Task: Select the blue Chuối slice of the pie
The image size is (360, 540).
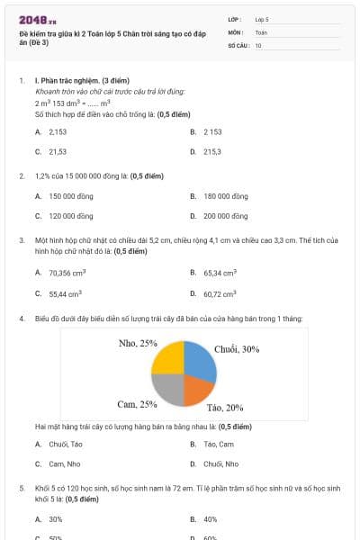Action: point(201,357)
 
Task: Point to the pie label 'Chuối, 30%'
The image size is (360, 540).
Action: point(237,349)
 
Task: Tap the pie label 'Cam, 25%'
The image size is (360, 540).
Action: point(138,404)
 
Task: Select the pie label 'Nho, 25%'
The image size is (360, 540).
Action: point(138,343)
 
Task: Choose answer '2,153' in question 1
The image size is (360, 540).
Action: point(58,131)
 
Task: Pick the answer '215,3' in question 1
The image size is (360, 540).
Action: point(211,152)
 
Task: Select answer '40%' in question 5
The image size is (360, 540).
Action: point(210,519)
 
